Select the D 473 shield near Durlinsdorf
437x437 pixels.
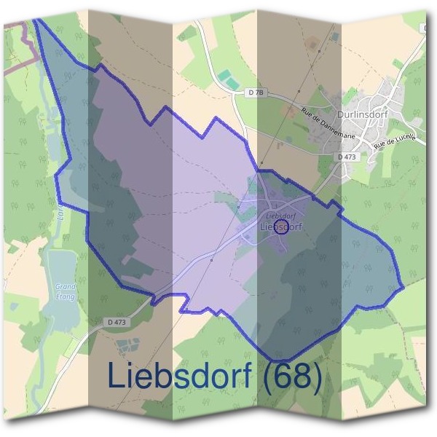(x=347, y=157)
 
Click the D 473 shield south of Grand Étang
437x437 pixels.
(x=117, y=321)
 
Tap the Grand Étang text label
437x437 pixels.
(x=66, y=291)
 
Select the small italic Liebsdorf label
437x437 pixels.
(x=280, y=216)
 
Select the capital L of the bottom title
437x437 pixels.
(x=117, y=376)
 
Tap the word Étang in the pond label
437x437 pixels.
(x=66, y=296)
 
